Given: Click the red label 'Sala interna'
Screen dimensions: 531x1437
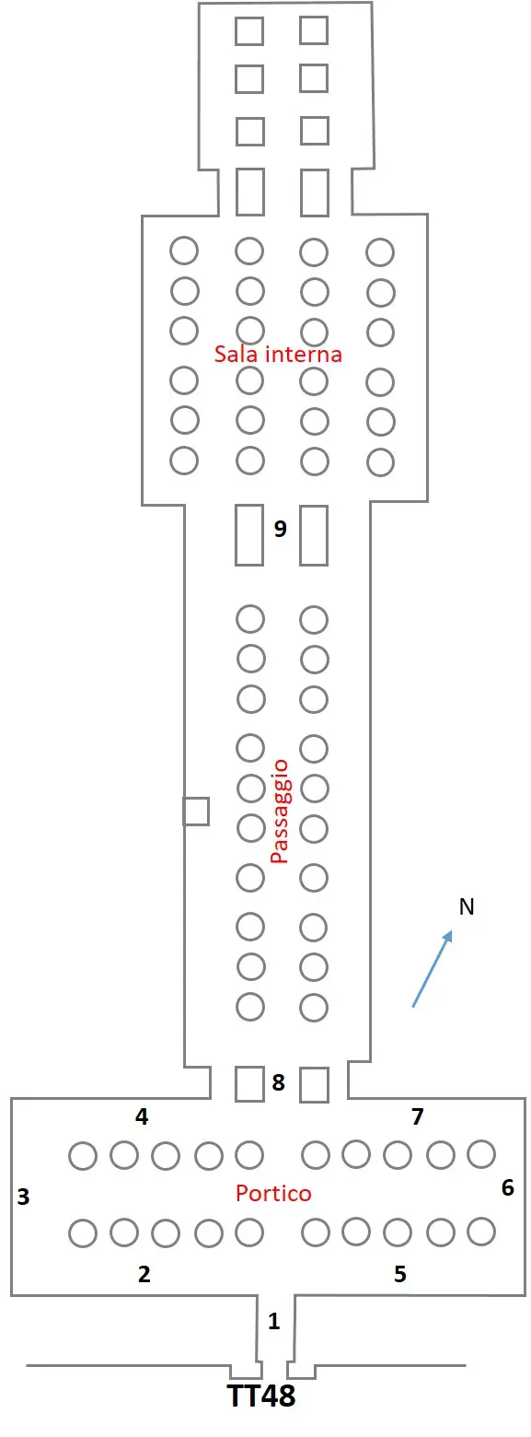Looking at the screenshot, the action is pos(278,354).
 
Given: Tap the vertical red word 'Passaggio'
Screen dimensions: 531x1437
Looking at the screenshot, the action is pos(279,812).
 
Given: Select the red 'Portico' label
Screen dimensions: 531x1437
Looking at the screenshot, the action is pos(273,1193).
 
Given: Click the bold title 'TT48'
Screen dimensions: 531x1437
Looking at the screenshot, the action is pos(261,1396).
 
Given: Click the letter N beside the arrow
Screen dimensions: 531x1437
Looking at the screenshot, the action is pos(467,906).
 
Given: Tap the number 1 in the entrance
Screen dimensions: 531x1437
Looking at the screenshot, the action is pos(274,1321).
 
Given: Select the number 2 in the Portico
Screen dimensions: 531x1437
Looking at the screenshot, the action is pos(144,1273).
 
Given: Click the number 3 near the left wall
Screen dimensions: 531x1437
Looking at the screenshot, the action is pos(24,1197).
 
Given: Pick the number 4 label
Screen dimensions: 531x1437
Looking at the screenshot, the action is pos(142,1116).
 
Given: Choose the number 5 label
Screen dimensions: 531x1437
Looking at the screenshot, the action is pos(400,1273).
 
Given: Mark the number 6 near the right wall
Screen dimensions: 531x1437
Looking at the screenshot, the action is pos(508,1187).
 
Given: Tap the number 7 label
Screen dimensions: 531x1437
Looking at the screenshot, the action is pos(418,1116).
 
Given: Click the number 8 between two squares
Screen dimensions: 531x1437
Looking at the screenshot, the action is pos(278,1082).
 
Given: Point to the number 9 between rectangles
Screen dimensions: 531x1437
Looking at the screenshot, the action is pos(280,528).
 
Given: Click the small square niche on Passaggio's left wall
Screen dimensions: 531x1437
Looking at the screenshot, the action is pos(196,811).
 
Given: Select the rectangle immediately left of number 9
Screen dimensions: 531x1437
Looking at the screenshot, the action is pos(249,535).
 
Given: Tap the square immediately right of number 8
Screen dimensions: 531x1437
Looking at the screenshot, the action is pos(314,1084).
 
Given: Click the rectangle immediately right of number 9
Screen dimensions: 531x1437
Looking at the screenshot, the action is pos(314,535).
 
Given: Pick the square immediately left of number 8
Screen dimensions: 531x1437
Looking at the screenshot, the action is pos(249,1083).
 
